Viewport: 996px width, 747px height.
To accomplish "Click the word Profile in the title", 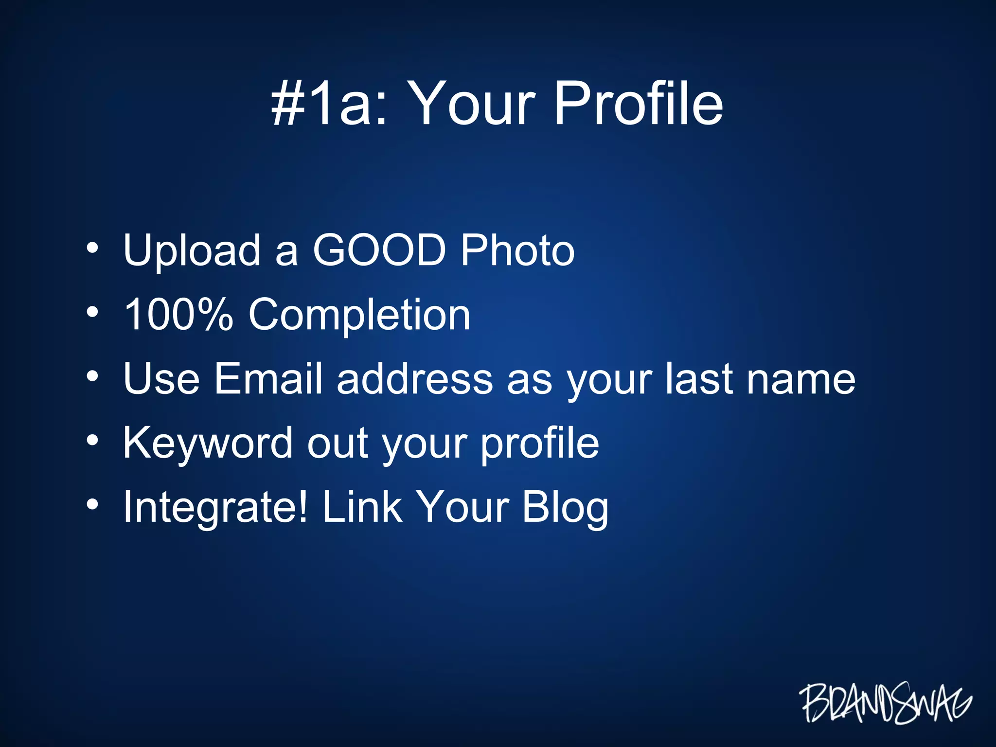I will pos(638,103).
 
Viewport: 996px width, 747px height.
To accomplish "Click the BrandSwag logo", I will pos(885,702).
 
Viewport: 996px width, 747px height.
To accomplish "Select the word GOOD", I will pos(379,250).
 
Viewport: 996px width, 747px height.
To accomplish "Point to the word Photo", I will pos(517,250).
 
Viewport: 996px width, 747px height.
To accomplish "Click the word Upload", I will pos(192,250).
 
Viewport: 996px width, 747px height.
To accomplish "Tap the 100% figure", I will pos(178,315).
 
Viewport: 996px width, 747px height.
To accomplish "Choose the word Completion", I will pos(359,316).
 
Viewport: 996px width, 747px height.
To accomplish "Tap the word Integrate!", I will pos(215,508).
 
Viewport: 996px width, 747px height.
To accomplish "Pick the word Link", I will pos(362,507).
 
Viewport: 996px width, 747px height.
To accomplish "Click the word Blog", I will pos(565,508).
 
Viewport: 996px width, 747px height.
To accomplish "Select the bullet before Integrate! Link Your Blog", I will pos(92,505).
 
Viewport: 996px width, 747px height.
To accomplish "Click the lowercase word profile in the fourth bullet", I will pos(540,444).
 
